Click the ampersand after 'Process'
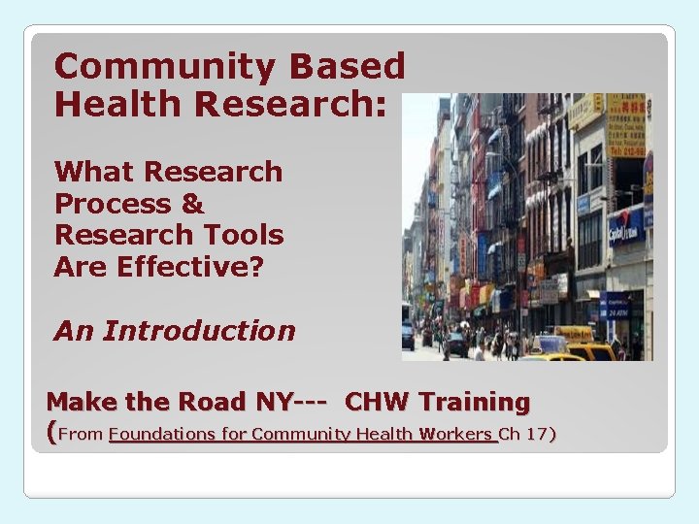click(x=192, y=204)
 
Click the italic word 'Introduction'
click(x=199, y=331)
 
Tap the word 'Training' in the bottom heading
click(x=475, y=401)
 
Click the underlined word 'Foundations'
click(x=162, y=434)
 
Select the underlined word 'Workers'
click(x=456, y=434)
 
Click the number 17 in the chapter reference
click(x=537, y=434)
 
